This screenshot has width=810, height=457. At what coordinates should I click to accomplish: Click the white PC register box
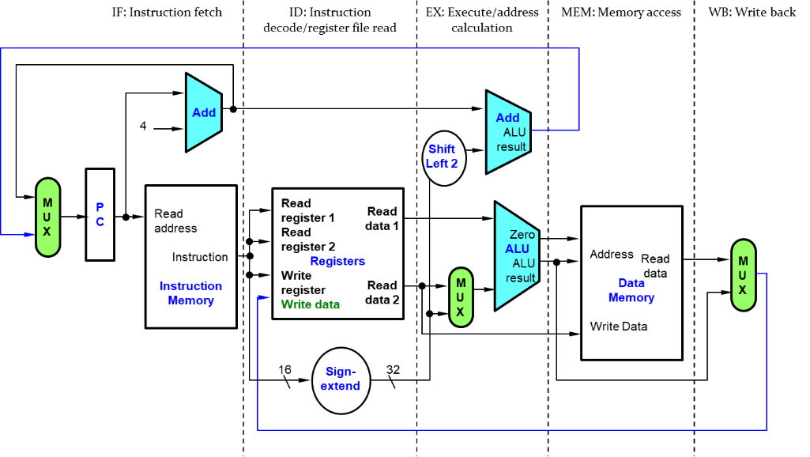[x=100, y=214]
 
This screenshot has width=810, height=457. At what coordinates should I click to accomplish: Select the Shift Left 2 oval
[x=443, y=157]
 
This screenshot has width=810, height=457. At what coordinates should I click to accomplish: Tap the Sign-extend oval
[x=341, y=380]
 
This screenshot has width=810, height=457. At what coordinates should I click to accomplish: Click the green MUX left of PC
[x=47, y=217]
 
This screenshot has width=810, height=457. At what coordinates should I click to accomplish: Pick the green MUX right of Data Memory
[x=743, y=274]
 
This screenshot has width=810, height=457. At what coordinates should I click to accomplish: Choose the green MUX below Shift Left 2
[x=460, y=297]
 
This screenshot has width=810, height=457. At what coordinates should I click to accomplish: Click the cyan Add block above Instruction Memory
[x=203, y=112]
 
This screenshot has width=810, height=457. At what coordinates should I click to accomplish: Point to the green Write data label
[x=311, y=304]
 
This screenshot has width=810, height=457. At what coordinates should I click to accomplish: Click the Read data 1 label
[x=382, y=218]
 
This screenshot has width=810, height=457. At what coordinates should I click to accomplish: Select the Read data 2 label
[x=382, y=292]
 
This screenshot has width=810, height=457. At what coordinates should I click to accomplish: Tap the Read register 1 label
[x=308, y=210]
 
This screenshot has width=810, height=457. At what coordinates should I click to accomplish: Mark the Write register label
[x=303, y=283]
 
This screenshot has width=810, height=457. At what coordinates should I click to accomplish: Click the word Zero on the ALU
[x=522, y=235]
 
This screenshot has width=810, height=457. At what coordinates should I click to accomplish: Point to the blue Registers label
[x=337, y=261]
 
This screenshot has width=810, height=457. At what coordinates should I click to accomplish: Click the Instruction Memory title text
[x=190, y=293]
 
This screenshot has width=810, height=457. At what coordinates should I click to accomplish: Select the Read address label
[x=175, y=221]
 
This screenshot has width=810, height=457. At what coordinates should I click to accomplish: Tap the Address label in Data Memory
[x=612, y=255]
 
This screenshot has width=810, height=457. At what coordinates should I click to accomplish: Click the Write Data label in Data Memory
[x=619, y=327]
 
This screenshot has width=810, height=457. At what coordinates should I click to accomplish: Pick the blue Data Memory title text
[x=631, y=290]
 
